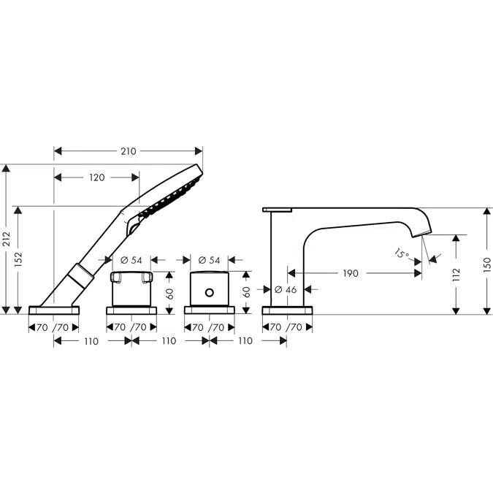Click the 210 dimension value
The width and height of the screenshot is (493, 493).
pos(129,151)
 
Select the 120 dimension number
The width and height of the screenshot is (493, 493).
pos(97,177)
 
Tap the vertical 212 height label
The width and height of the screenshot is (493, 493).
pos(7,239)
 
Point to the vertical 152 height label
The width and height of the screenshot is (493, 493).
pos(18,259)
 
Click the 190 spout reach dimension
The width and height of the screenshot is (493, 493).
pos(351,273)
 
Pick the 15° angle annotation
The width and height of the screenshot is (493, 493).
pos(402,253)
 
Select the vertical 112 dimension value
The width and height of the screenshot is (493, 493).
pos(456,275)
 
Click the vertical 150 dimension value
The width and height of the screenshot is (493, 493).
pos(487,264)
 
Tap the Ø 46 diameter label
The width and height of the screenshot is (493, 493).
pos(286,289)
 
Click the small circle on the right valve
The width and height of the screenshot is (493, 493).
pos(210,293)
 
